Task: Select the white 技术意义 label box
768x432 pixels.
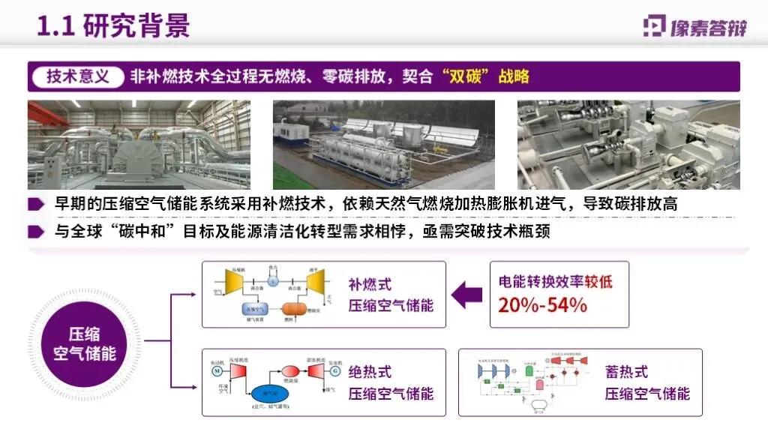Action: tap(77, 76)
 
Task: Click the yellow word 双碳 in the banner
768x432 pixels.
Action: tap(466, 76)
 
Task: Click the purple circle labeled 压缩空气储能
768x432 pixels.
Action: tap(84, 342)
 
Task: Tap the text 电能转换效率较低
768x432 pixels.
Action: tap(556, 282)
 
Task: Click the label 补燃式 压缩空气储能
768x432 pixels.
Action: tap(391, 295)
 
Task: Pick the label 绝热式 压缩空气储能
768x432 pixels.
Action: tap(391, 382)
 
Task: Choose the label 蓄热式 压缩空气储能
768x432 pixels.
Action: tap(646, 382)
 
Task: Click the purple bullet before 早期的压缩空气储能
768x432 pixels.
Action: tap(35, 204)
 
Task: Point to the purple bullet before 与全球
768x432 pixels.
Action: tap(35, 232)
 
